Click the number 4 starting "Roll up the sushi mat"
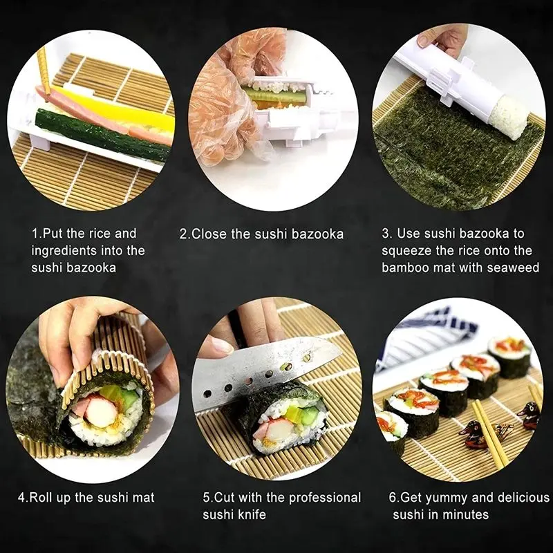coord(21,498)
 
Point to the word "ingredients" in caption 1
coord(66,250)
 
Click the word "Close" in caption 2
coord(210,234)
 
